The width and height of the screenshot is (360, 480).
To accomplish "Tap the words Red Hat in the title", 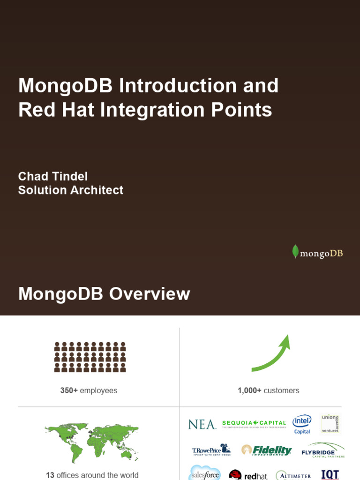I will (x=57, y=110).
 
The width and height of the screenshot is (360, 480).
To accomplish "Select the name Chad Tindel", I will (x=53, y=176).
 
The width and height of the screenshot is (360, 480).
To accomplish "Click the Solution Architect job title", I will (x=71, y=190).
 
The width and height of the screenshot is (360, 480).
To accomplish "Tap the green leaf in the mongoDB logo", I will (x=295, y=252).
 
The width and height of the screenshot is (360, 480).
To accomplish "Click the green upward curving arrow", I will (x=271, y=354).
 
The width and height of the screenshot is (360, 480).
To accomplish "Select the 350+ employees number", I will (x=69, y=390).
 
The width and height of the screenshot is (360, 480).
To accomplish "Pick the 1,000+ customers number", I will (x=249, y=390).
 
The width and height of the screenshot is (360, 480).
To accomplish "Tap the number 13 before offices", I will (x=50, y=475).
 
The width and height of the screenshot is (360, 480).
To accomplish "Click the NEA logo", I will (x=202, y=425).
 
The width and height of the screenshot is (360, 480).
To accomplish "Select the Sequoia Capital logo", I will (x=254, y=424).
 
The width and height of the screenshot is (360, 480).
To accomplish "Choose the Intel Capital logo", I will (x=302, y=424).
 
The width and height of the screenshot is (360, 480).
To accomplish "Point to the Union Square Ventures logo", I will (x=330, y=424).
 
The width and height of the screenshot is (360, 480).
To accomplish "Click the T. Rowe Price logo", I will (x=211, y=450).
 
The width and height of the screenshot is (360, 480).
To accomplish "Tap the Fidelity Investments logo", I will (x=267, y=450).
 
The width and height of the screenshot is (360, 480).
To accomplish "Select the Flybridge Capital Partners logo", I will (x=323, y=450).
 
